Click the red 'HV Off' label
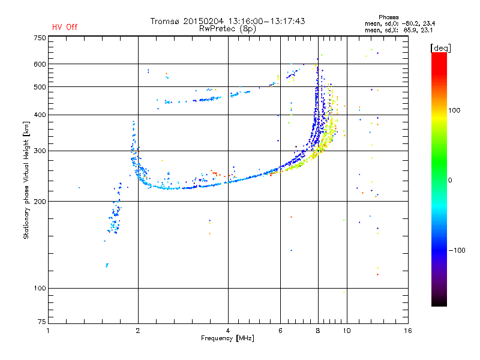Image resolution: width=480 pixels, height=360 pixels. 65,27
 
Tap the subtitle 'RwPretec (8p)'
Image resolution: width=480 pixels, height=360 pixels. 227,29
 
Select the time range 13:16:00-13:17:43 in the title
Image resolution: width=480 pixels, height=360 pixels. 266,21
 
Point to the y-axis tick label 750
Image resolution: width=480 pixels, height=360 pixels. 40,38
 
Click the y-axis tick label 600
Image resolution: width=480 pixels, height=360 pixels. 40,64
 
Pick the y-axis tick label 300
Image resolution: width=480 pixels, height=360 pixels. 40,151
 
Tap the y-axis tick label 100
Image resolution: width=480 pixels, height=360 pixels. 40,288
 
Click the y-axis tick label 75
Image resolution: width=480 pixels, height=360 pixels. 42,322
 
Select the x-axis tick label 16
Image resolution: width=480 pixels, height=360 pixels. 408,331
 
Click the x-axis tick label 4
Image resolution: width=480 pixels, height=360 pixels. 228,331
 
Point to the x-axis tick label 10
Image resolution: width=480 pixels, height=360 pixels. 347,331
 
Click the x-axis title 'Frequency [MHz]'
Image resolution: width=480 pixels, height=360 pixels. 227,338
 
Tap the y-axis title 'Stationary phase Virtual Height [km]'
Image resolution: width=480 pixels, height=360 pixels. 26,180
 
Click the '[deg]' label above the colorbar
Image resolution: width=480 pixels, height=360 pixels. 440,48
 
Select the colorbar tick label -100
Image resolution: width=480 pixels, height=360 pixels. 457,250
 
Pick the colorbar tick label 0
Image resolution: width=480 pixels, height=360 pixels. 450,180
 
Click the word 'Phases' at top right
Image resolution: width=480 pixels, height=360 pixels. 388,17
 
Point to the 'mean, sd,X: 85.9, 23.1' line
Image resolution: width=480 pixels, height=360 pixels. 398,31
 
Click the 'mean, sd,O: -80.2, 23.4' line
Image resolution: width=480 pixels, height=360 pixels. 400,23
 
